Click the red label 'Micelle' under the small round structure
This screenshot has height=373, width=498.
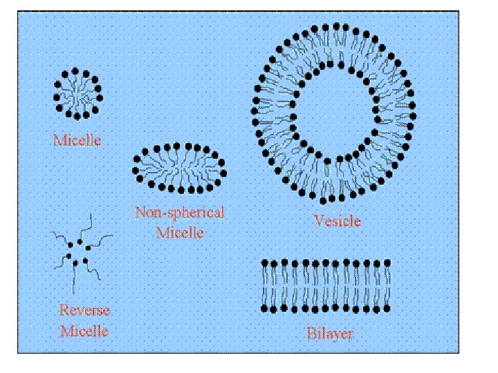coord(77,140)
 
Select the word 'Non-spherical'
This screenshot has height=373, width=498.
coord(180,213)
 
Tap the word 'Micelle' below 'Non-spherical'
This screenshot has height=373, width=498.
coord(180,232)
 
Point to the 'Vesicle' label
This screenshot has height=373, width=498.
coord(337,221)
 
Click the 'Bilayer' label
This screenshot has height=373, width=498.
coord(329,334)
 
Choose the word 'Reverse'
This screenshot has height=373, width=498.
coord(84,311)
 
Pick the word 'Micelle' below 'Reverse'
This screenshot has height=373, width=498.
coord(84,331)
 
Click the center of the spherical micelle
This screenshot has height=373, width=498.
coord(77,92)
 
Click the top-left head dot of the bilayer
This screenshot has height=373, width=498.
coord(264,262)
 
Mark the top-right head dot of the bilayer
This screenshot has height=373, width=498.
coord(388,262)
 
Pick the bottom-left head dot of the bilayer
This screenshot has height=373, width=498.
coord(264,307)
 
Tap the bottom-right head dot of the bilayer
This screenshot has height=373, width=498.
coord(388,307)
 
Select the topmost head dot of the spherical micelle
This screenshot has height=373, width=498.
coord(77,69)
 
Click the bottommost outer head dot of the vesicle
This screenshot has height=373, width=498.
coord(322,201)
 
